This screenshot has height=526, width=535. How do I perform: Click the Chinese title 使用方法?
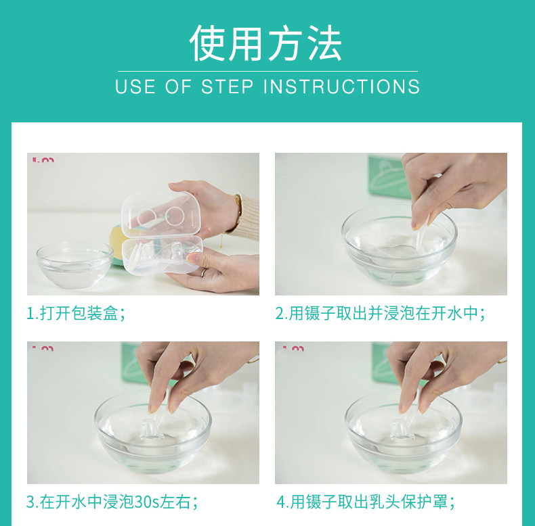tap(265, 43)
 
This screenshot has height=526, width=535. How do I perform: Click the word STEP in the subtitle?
tap(228, 87)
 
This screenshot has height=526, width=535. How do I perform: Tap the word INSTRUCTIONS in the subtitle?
tap(341, 87)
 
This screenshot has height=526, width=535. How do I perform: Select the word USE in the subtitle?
tap(135, 87)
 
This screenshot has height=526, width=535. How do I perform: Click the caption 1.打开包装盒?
tap(76, 314)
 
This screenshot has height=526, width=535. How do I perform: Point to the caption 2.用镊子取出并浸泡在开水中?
tap(380, 314)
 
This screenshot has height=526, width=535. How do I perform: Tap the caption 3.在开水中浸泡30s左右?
tap(112, 502)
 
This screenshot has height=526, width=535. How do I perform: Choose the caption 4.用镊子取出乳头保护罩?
tap(366, 502)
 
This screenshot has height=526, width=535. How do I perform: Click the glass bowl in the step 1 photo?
tap(74, 264)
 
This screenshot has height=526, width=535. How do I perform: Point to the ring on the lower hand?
tap(203, 272)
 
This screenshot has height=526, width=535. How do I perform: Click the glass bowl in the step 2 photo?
tap(399, 245)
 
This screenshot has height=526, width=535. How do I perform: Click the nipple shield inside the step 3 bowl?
tap(152, 431)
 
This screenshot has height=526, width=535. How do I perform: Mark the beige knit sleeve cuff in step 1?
tap(247, 217)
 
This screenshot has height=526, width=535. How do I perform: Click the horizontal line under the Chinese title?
tap(267, 71)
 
